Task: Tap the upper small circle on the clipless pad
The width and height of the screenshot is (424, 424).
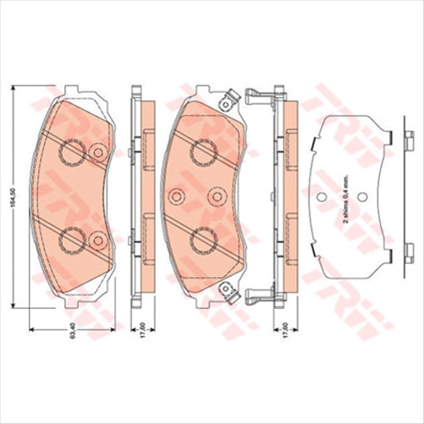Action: click(x=96, y=152)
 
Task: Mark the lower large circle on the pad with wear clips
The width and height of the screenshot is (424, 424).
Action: click(x=204, y=243)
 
